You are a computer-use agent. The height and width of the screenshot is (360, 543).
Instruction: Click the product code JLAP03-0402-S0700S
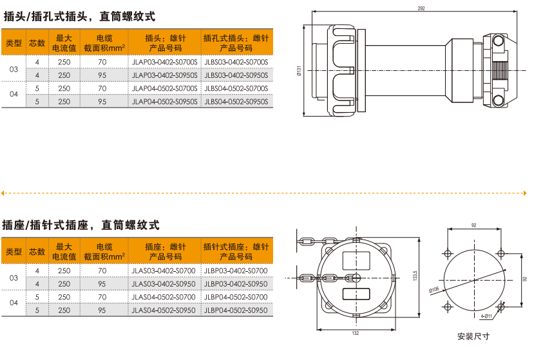165,62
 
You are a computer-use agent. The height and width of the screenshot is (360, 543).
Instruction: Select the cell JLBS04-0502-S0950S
236,101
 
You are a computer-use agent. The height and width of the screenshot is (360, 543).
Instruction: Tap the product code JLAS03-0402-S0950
163,284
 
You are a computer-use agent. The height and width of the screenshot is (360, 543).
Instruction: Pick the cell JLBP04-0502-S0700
236,297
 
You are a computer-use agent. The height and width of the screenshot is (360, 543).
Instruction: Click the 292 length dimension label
420,8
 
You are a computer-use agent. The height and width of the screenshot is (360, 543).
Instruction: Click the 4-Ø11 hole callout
486,316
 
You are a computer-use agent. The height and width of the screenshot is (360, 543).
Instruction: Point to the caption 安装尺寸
473,336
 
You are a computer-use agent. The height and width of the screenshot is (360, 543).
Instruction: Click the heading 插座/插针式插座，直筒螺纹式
81,225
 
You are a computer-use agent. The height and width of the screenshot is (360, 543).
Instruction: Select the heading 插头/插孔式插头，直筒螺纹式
79,17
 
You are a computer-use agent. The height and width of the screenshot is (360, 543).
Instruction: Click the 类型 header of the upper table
14,43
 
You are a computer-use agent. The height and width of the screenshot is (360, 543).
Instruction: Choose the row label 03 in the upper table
14,68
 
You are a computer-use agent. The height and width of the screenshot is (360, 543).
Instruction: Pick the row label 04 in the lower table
14,303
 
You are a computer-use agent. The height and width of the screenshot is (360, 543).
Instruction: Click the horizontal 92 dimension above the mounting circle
473,225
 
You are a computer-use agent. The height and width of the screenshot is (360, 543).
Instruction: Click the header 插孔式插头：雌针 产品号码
236,43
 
